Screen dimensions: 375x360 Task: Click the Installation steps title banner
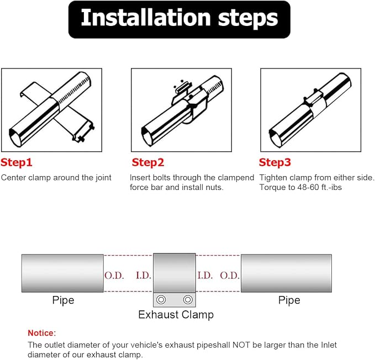tap(179, 19)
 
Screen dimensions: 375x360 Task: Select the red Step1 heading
tap(16, 162)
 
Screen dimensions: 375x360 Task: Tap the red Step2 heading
tap(148, 162)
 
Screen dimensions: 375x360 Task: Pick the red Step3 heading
tap(275, 162)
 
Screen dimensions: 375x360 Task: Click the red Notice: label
tap(41, 333)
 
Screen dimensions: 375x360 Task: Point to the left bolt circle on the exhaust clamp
tap(161, 299)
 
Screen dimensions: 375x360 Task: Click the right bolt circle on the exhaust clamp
tap(188, 299)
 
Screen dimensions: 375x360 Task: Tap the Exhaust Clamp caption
tap(176, 315)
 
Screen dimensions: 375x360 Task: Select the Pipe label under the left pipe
tap(63, 300)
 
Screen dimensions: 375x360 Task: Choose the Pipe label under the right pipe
tap(289, 300)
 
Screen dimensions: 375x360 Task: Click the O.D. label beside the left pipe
tap(114, 276)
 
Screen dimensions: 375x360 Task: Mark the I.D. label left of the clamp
tap(144, 276)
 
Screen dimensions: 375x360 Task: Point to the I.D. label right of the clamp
tap(205, 276)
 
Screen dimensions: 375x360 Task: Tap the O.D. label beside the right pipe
tap(230, 276)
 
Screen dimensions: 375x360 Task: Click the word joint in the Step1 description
tap(103, 178)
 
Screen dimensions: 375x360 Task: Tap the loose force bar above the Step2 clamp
tap(184, 87)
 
